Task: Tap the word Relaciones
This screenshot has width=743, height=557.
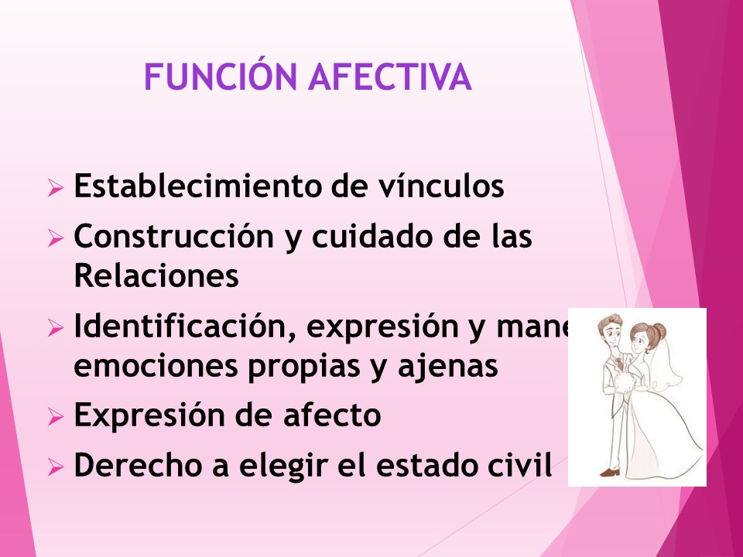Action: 156,277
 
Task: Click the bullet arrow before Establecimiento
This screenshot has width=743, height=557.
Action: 55,189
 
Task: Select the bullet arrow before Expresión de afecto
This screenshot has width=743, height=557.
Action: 55,418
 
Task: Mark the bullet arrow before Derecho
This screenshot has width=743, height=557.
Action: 55,467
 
